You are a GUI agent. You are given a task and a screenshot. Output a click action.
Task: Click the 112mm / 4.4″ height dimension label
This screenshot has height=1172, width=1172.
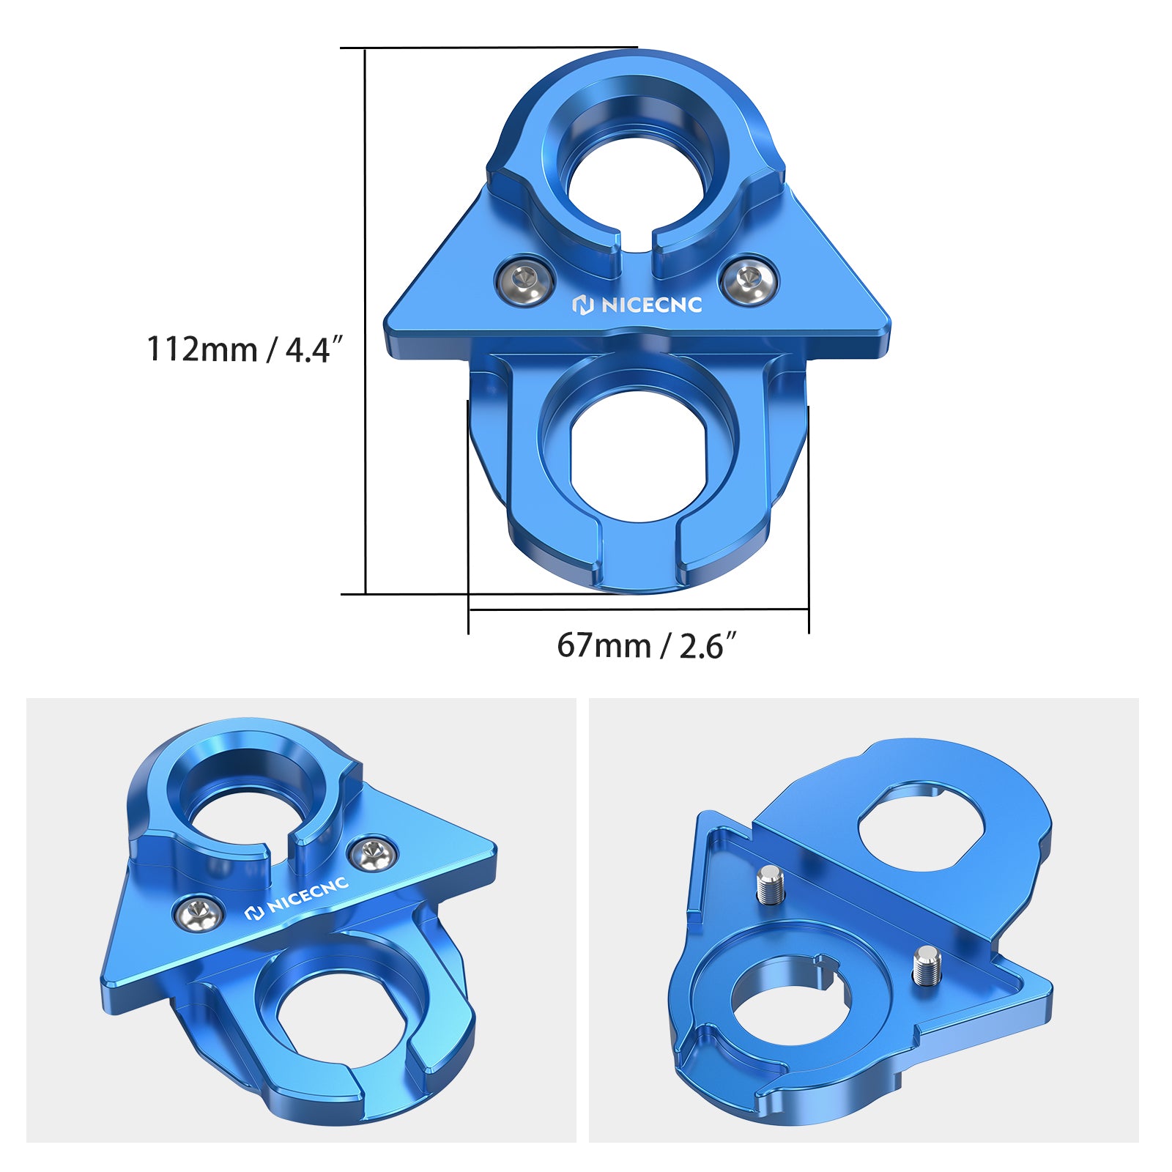tap(245, 349)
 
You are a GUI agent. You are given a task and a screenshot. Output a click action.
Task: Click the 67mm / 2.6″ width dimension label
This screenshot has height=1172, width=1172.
tap(645, 646)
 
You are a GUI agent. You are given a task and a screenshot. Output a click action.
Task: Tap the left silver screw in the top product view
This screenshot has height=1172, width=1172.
tap(524, 279)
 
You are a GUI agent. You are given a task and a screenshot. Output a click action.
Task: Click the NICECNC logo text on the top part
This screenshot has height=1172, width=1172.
tap(637, 305)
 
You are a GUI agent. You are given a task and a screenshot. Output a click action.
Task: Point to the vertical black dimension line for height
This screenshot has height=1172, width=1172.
tap(365, 322)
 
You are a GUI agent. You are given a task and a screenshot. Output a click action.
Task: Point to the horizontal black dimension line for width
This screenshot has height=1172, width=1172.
tap(637, 609)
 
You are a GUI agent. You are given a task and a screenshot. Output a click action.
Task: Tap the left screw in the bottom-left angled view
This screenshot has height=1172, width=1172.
tap(198, 912)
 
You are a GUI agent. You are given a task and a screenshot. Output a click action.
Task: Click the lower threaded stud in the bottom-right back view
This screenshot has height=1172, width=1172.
tap(926, 965)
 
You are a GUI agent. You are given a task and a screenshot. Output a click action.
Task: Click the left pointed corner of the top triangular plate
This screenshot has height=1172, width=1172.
tap(388, 322)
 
